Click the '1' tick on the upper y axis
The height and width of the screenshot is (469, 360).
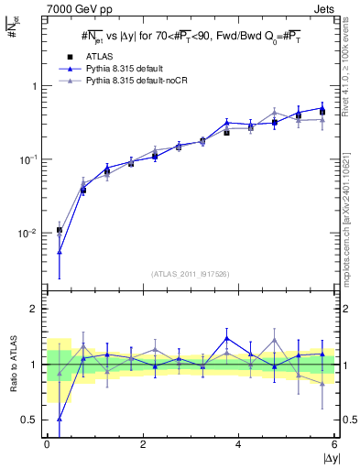(37, 86)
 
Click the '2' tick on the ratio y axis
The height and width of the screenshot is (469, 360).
(37, 309)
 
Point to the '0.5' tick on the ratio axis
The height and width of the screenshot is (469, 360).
(32, 420)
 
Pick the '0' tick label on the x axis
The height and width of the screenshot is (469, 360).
(47, 444)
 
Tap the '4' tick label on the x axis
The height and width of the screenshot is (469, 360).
(238, 444)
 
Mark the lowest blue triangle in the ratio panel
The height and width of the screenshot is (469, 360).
(60, 419)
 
